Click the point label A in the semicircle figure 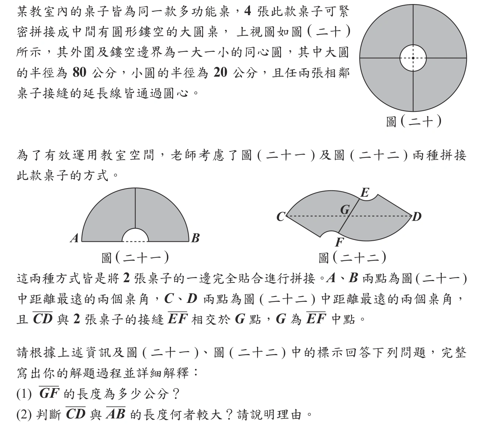point(75,238)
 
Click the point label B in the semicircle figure point(195,238)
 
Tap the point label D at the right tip point(417,216)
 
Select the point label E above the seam point(364,193)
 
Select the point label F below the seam point(339,243)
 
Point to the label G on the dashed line point(345,210)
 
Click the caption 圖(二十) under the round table point(413,121)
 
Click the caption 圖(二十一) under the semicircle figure point(135,257)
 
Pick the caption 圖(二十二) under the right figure point(352,257)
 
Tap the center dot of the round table point(413,58)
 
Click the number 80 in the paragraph point(80,73)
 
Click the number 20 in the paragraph point(220,73)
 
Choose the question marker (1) point(24,394)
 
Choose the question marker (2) point(24,414)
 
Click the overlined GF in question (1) point(49,394)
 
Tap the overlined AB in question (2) point(116,414)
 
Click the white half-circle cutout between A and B point(135,236)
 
